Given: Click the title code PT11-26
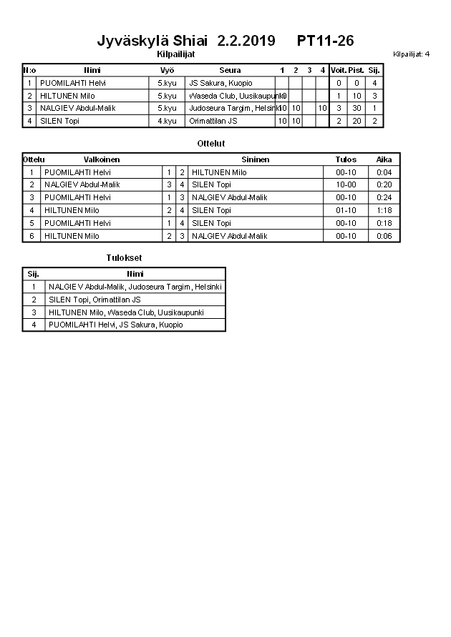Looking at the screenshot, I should point(325,41).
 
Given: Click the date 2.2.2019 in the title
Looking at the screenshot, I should point(246,41).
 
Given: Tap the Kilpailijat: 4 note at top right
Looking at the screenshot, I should point(411,54).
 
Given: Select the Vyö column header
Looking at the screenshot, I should point(167,70).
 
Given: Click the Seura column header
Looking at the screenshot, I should point(230,70).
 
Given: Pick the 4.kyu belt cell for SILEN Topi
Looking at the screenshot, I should point(167,121).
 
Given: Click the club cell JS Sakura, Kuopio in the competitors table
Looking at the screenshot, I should point(220,83).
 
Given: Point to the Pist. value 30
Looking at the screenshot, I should point(356,108).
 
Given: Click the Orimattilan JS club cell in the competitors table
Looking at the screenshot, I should point(213,121).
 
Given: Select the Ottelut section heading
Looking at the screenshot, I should point(210,144).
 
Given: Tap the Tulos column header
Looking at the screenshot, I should point(346,159).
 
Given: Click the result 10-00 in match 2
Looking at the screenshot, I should point(346,184).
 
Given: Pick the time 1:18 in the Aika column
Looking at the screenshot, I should point(384,210).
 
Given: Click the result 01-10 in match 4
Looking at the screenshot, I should point(346,210).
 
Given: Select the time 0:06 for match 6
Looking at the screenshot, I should point(384,236).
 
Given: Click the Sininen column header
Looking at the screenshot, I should point(255,159).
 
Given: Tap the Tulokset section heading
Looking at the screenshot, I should point(124,257).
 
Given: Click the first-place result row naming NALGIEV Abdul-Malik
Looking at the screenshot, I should point(135,287).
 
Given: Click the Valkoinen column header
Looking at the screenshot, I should point(102,159).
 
